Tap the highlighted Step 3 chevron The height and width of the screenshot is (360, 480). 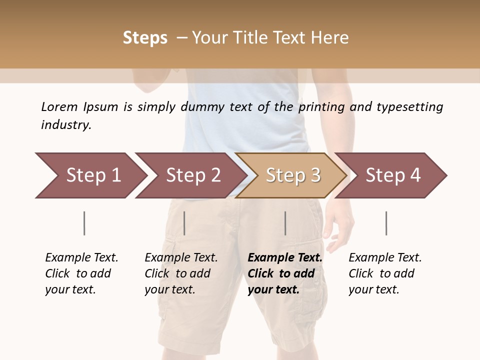tap(292, 175)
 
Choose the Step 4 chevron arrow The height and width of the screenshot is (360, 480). tap(392, 175)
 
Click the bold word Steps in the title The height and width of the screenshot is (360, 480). tap(145, 37)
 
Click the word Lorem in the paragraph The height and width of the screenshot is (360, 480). tap(59, 106)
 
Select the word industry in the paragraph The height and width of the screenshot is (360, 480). tap(65, 124)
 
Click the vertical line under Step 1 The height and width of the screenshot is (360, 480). tap(84, 223)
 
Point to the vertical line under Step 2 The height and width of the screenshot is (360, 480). tap(184, 223)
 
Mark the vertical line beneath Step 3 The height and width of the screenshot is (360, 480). tap(285, 223)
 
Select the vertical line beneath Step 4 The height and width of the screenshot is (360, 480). tap(386, 223)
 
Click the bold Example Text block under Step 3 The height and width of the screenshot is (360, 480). tap(285, 273)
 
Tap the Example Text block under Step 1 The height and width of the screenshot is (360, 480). tap(81, 273)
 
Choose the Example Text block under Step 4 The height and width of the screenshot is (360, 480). tap(385, 273)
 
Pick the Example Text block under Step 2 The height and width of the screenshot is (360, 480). tap(181, 273)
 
